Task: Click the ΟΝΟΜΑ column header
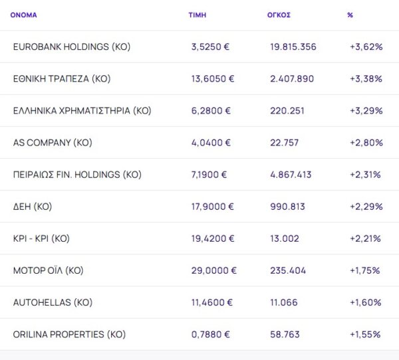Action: [24, 15]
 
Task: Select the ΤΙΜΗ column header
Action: [197, 15]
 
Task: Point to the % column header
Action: [350, 15]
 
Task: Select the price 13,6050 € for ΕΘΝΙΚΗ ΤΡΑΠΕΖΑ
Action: [212, 78]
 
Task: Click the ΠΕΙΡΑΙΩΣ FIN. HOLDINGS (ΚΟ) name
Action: [77, 175]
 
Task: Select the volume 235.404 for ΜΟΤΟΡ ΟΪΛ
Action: [289, 270]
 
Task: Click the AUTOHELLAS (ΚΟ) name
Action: [53, 302]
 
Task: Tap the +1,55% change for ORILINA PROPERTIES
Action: [365, 334]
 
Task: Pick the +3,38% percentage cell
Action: [366, 78]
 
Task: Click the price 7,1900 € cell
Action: [209, 175]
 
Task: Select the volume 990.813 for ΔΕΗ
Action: [288, 207]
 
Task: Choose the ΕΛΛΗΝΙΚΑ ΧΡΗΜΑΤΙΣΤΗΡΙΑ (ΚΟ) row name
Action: [82, 110]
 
